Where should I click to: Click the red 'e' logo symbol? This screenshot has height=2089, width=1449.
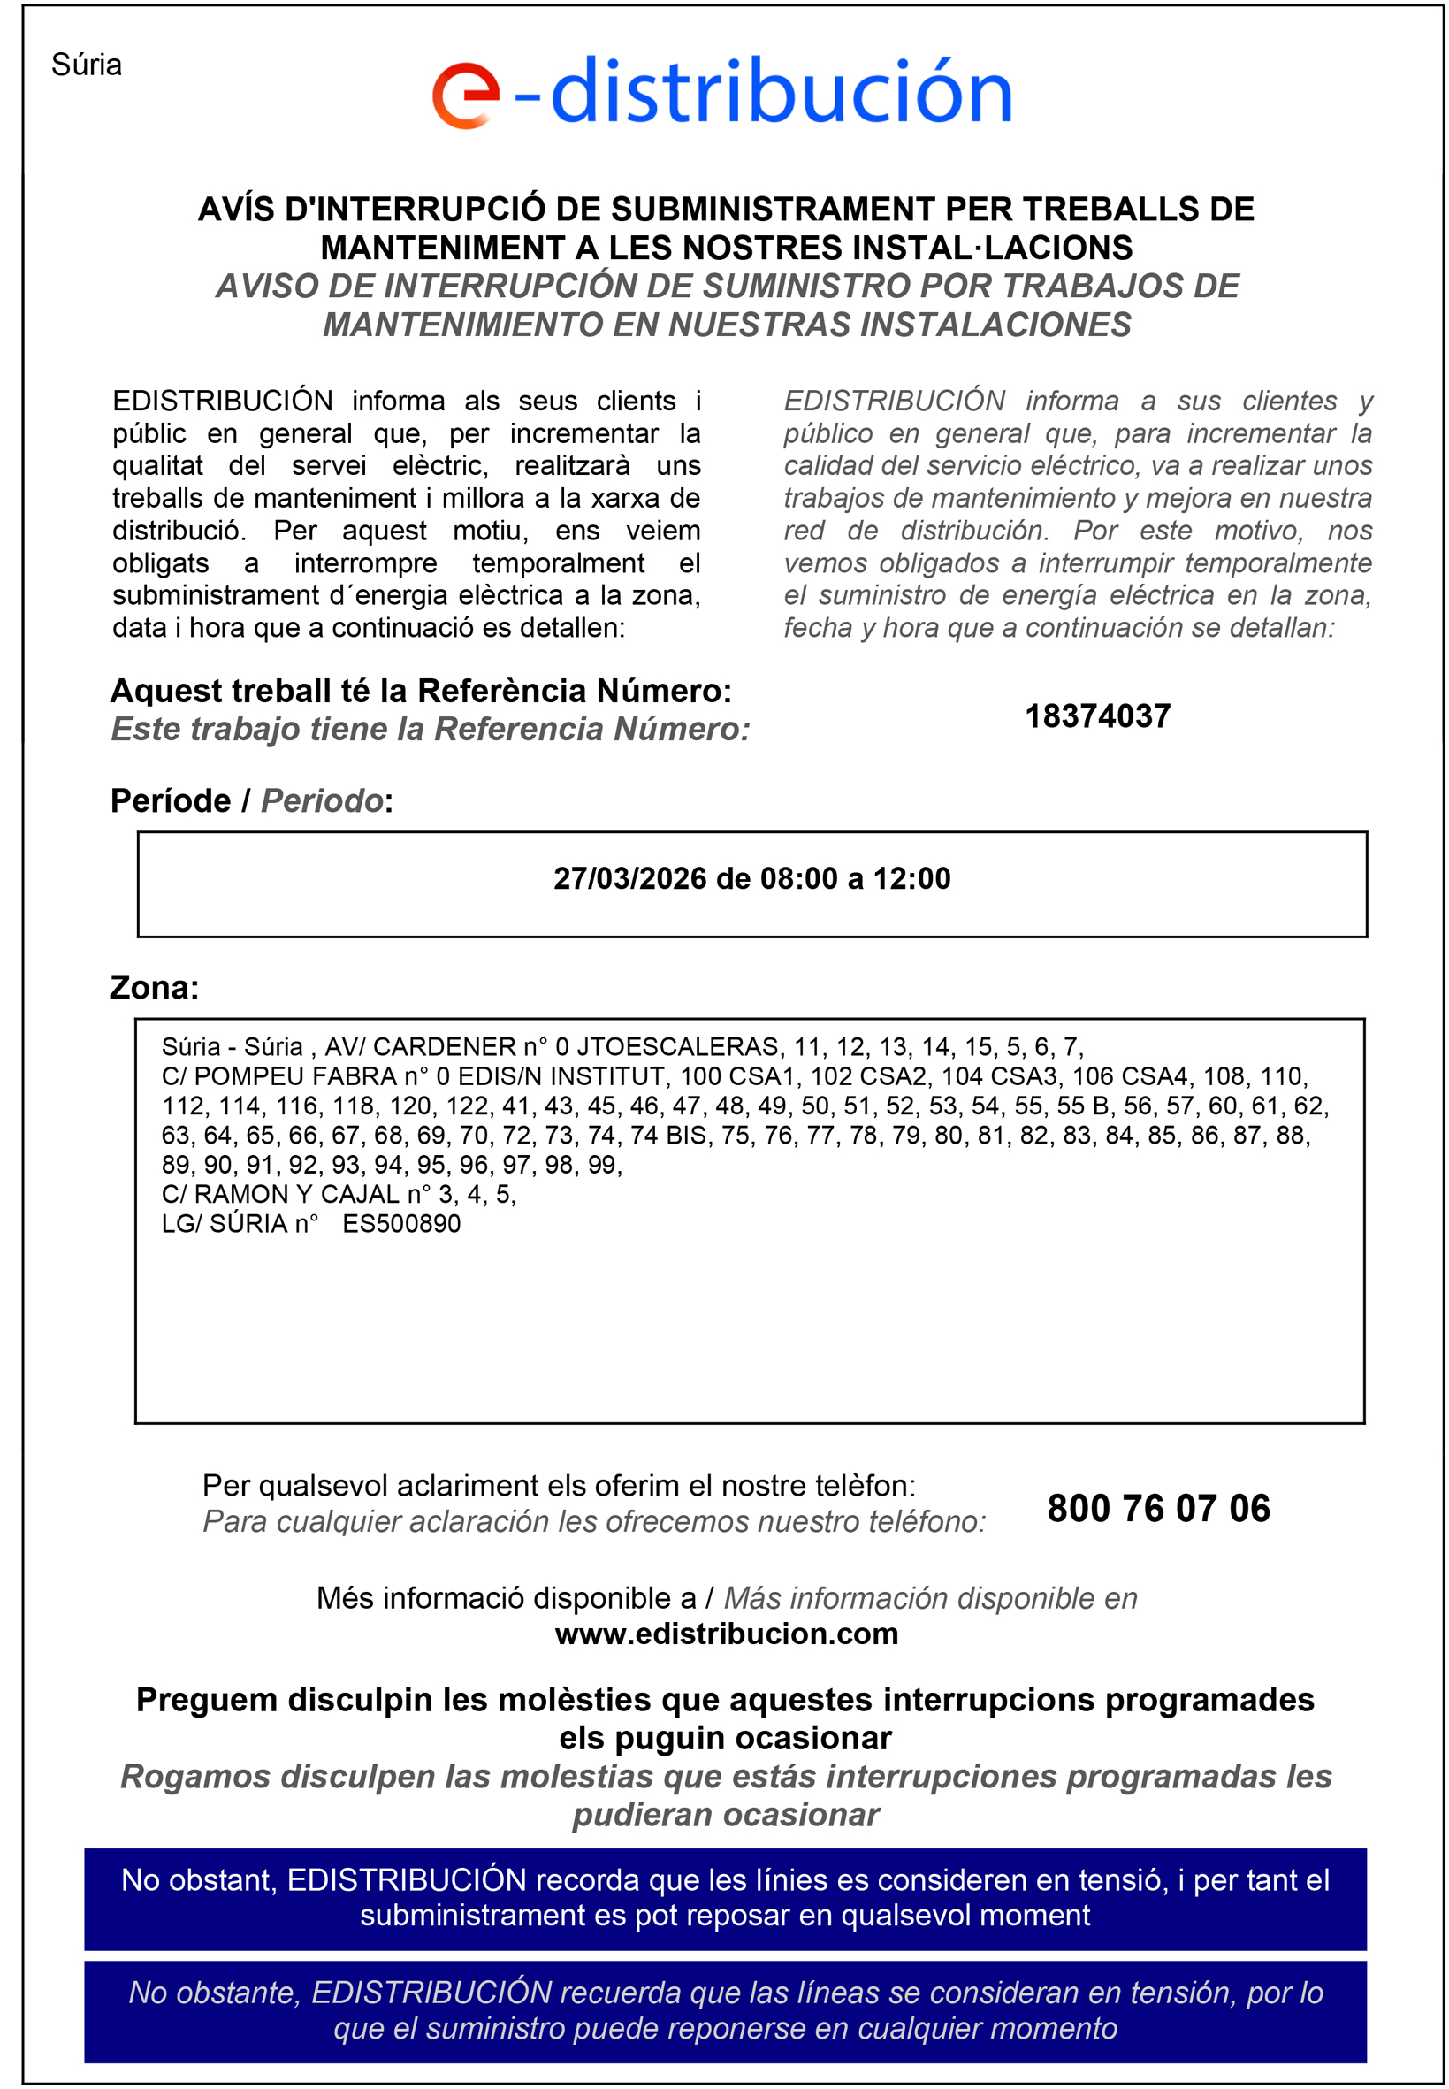tap(466, 96)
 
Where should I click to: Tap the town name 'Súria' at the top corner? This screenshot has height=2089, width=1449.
tap(87, 65)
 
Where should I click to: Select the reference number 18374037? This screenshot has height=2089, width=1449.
tap(1097, 716)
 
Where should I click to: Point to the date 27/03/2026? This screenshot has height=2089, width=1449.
tap(630, 878)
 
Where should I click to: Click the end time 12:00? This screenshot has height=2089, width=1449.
tap(911, 878)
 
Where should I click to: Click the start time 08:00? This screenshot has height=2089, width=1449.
tap(799, 878)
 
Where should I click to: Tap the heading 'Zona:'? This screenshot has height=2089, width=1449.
tap(155, 987)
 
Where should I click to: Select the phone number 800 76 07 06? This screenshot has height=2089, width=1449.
tap(1157, 1509)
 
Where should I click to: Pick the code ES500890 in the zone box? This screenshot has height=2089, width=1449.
tap(401, 1223)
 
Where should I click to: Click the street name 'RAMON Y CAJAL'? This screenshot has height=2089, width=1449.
tap(297, 1194)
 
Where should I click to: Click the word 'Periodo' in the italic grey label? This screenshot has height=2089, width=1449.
tap(323, 801)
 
